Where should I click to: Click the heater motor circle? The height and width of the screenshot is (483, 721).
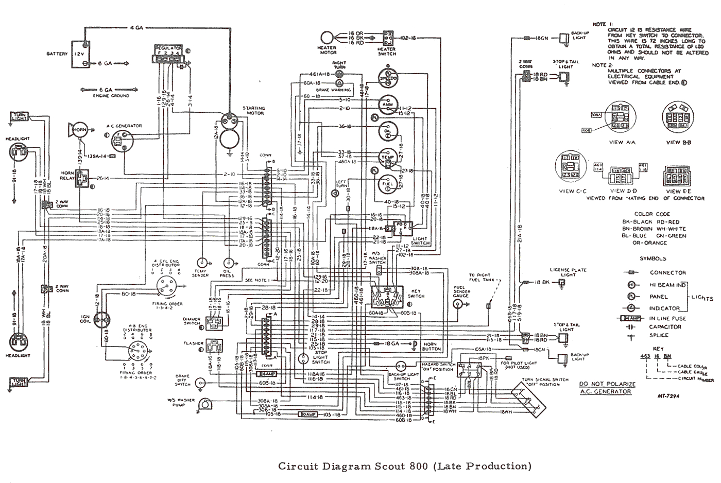pos(328,39)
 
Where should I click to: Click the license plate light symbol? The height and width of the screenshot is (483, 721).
pos(562,282)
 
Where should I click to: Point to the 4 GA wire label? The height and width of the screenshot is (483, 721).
pos(136,27)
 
